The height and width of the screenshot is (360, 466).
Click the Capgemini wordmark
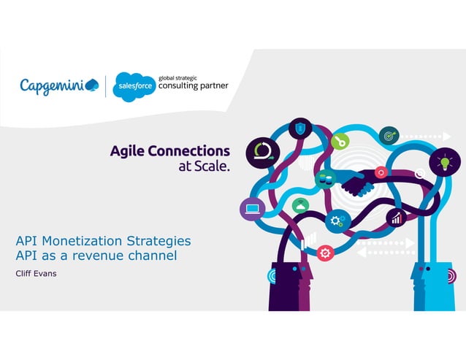(x=54, y=86)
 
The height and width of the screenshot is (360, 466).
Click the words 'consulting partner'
(x=193, y=85)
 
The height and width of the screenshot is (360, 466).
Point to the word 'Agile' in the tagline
(x=133, y=151)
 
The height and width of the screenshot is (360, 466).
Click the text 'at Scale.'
(x=205, y=166)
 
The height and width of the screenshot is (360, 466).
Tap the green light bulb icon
(x=445, y=162)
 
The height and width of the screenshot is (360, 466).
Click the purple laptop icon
(x=252, y=210)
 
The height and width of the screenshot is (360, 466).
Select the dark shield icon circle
(x=300, y=129)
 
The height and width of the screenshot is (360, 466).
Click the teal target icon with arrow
(x=389, y=136)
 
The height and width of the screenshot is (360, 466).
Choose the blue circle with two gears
(x=337, y=220)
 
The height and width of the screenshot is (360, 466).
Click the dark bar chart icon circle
(x=397, y=218)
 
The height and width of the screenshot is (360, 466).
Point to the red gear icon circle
(x=326, y=253)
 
